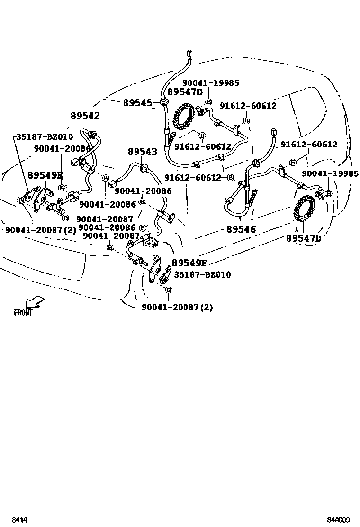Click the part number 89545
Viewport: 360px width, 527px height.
[x=137, y=103]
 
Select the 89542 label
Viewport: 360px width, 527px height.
[x=85, y=116]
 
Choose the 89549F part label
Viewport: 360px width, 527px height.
[x=189, y=263]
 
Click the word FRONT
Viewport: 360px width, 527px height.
[x=23, y=312]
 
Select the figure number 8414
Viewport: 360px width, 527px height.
[x=19, y=520]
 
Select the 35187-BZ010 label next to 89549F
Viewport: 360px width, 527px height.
[x=203, y=275]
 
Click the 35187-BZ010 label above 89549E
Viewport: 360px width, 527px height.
[x=45, y=136]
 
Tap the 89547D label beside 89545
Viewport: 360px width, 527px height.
[x=184, y=91]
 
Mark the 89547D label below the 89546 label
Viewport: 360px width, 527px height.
[x=304, y=238]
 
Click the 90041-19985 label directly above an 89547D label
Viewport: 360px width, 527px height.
[x=210, y=83]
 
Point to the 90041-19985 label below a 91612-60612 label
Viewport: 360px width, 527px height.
[x=330, y=174]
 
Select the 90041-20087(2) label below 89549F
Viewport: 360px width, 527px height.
[x=177, y=307]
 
